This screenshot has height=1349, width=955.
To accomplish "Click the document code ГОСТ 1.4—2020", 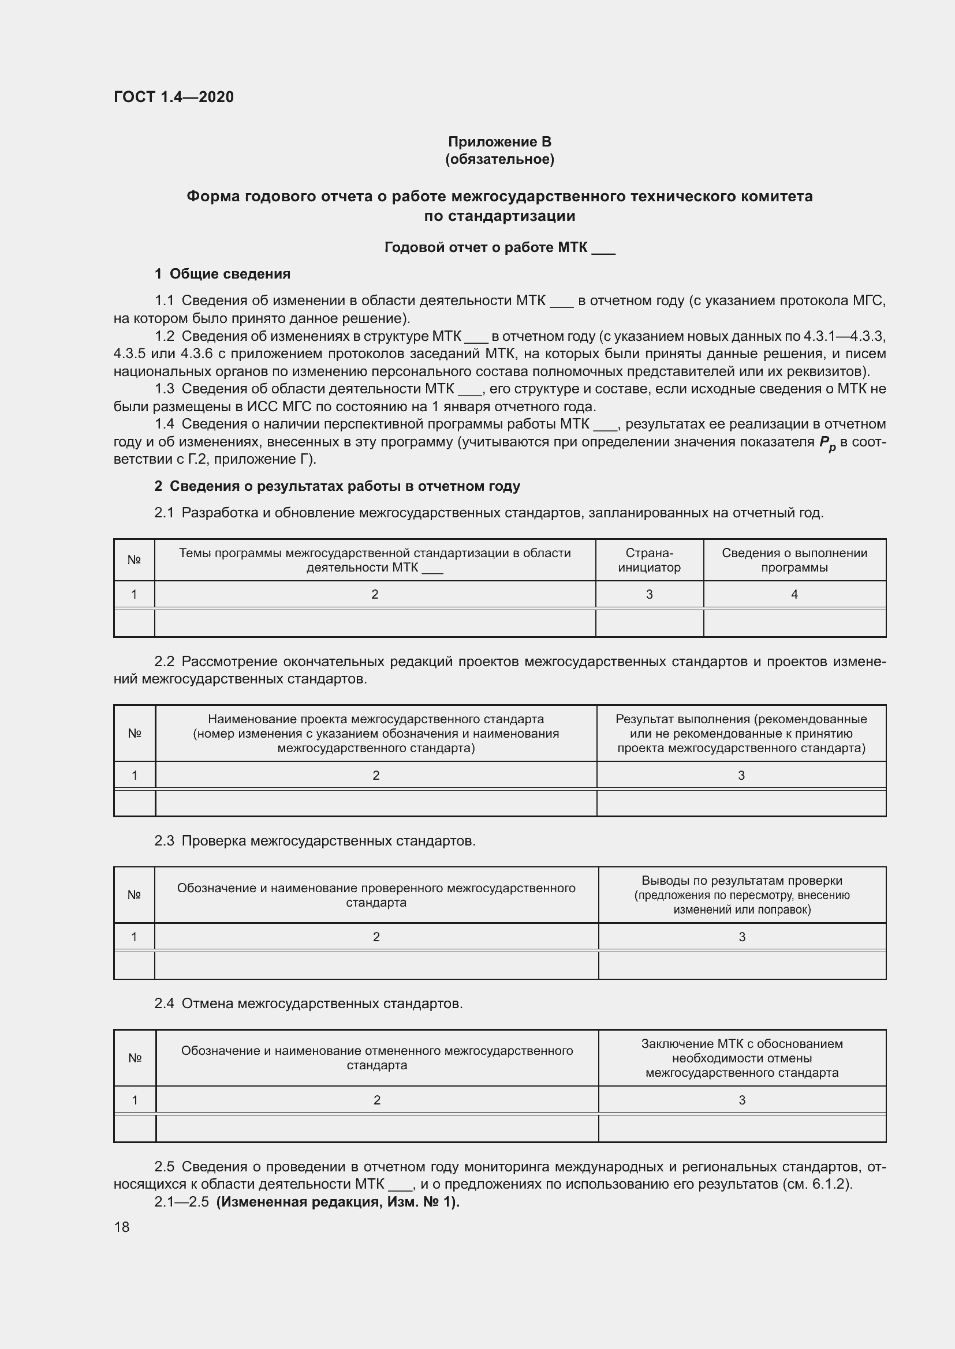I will pyautogui.click(x=173, y=97).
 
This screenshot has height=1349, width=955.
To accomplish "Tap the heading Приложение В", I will pyautogui.click(x=499, y=142).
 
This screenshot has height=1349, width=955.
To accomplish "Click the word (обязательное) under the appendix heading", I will pyautogui.click(x=499, y=159).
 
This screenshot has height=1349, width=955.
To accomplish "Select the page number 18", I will pyautogui.click(x=122, y=1227).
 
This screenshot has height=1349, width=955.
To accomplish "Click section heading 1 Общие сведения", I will pyautogui.click(x=222, y=274).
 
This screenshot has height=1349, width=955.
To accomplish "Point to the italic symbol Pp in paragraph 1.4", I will pyautogui.click(x=827, y=444).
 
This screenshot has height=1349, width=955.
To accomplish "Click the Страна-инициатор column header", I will pyautogui.click(x=649, y=560).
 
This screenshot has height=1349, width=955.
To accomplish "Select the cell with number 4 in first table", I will pyautogui.click(x=794, y=594).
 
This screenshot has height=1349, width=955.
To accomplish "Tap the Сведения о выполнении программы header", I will pyautogui.click(x=794, y=560).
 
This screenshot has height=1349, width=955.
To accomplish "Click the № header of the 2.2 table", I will pyautogui.click(x=135, y=733).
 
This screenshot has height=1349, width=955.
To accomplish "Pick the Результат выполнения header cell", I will pyautogui.click(x=741, y=733).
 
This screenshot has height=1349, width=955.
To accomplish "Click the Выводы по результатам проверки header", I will pyautogui.click(x=741, y=895).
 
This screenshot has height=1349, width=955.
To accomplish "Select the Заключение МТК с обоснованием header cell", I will pyautogui.click(x=741, y=1058).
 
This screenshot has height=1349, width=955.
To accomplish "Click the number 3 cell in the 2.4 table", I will pyautogui.click(x=741, y=1100).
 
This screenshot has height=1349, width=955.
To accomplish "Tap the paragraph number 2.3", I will pyautogui.click(x=165, y=841).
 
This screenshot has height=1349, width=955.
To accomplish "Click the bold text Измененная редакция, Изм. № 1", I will pyautogui.click(x=338, y=1201).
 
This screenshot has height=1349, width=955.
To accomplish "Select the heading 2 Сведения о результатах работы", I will pyautogui.click(x=337, y=486).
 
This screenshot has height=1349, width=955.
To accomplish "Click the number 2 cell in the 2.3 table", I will pyautogui.click(x=376, y=937).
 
